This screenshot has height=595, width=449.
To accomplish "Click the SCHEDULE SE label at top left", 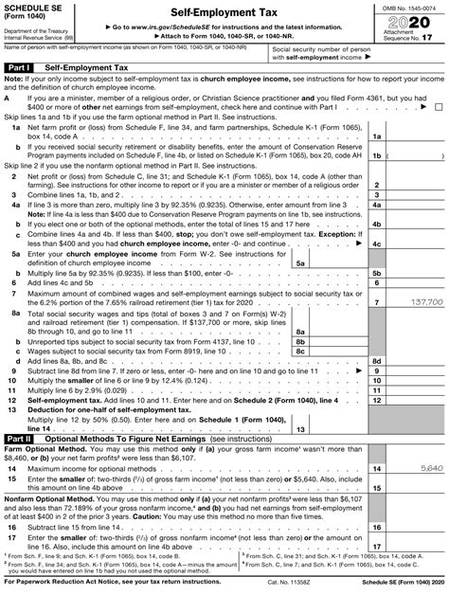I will point(33,7).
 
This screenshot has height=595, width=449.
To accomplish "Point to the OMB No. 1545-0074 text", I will point(413,7).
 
